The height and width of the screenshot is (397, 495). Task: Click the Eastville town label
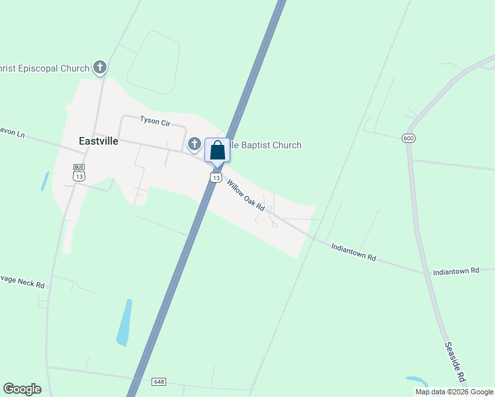(98, 141)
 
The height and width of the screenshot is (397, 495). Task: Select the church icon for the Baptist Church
(195, 144)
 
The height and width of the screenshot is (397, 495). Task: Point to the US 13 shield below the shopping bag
(216, 177)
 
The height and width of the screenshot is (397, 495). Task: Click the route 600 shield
(408, 138)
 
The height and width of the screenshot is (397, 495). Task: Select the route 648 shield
(158, 382)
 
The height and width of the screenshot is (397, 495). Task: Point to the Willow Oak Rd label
(246, 195)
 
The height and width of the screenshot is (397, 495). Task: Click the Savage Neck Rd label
(22, 281)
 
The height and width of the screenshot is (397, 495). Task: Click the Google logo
(22, 388)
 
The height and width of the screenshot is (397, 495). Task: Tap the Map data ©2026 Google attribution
(454, 392)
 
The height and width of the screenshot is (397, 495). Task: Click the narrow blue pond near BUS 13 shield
(44, 181)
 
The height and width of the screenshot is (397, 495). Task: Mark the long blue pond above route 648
(124, 322)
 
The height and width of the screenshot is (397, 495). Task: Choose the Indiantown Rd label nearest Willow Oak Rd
(353, 252)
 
